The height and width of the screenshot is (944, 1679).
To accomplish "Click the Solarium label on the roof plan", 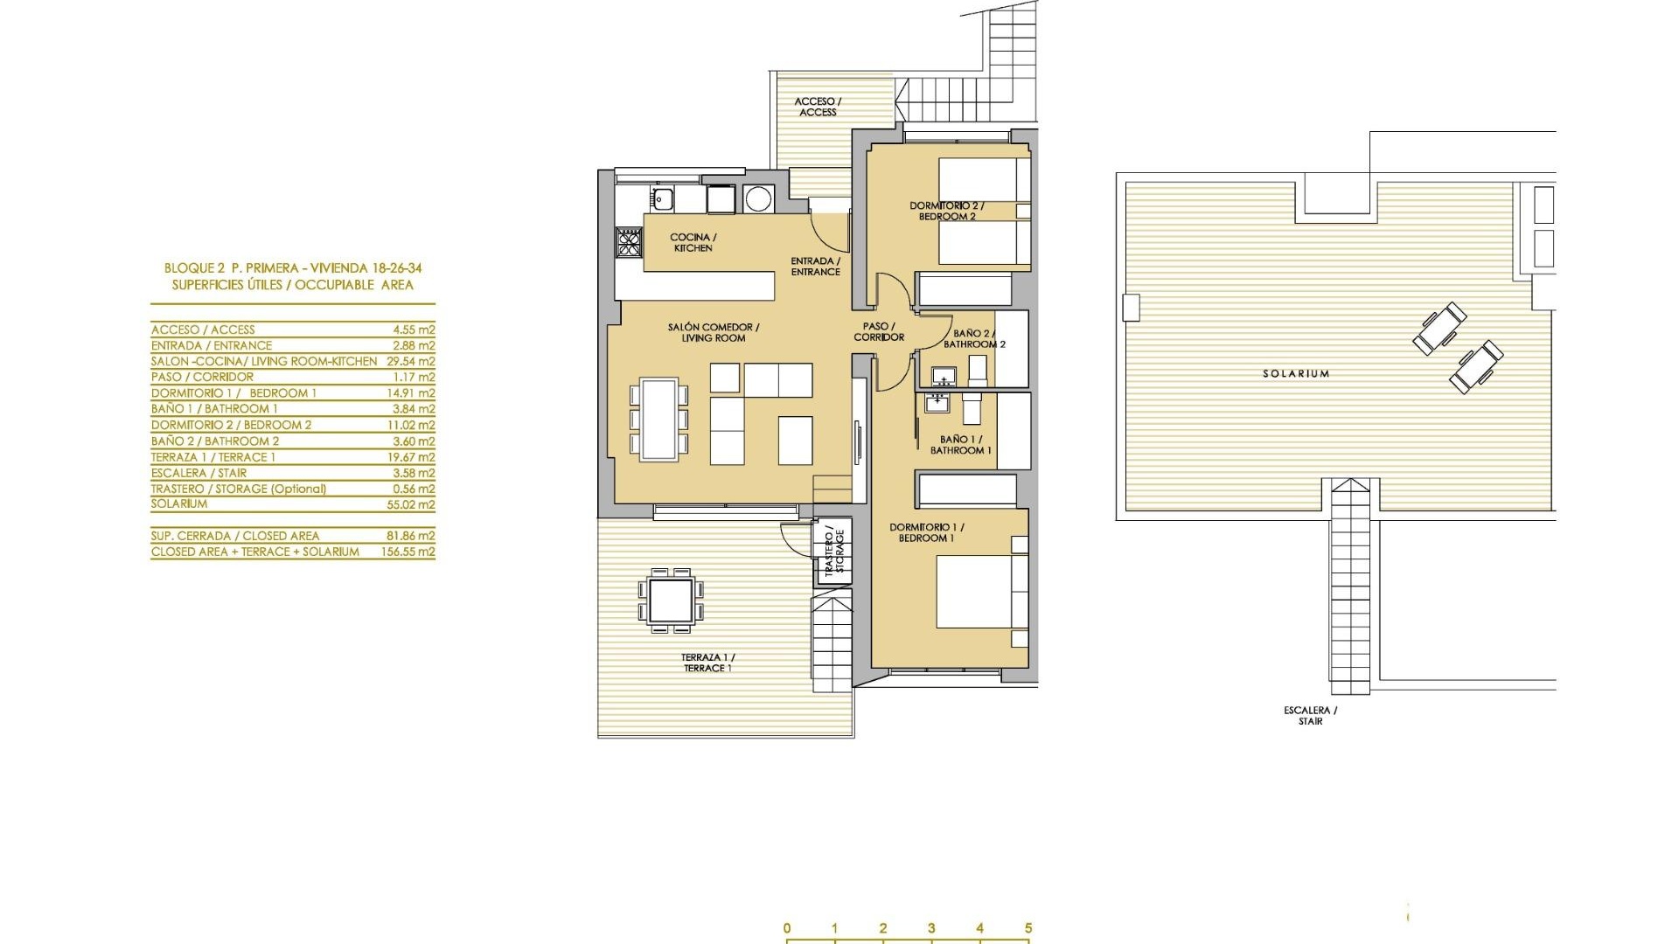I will point(1296,373).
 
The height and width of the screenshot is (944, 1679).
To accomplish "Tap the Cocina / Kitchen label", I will point(693,242).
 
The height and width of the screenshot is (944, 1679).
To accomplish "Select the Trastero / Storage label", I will point(833,551).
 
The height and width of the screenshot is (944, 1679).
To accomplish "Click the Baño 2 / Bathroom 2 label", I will point(973,338).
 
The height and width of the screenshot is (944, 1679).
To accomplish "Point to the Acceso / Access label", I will point(818,107).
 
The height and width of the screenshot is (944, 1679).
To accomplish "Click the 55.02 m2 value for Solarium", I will point(414,504).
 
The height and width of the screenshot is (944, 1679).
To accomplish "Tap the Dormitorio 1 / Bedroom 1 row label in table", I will point(233,393).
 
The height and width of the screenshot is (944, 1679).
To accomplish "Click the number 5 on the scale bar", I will point(1028,928).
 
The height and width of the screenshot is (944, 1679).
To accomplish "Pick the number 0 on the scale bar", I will point(787,928).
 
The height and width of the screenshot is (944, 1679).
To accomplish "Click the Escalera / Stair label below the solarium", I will point(1310,716).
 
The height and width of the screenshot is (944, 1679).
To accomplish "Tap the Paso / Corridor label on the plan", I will point(879,331).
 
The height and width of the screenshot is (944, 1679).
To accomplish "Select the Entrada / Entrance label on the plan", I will point(815,266).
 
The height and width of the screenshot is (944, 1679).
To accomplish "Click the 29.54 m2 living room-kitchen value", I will point(410,361).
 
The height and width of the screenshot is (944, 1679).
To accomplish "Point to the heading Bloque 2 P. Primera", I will point(293,268).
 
